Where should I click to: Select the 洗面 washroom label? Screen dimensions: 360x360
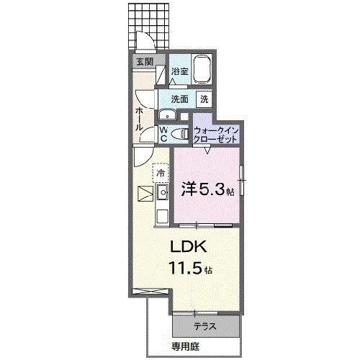[180, 99]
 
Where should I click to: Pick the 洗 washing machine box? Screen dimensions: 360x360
[204, 99]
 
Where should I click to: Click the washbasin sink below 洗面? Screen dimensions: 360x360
[167, 114]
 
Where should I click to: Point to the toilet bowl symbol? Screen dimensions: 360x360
[182, 133]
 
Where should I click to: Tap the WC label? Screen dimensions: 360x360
[164, 133]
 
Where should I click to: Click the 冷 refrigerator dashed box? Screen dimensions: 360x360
[162, 174]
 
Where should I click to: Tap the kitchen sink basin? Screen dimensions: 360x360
[162, 192]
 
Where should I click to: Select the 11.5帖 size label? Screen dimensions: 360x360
[189, 270]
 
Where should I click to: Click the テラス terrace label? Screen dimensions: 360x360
[206, 325]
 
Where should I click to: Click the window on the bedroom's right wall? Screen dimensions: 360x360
[243, 180]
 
